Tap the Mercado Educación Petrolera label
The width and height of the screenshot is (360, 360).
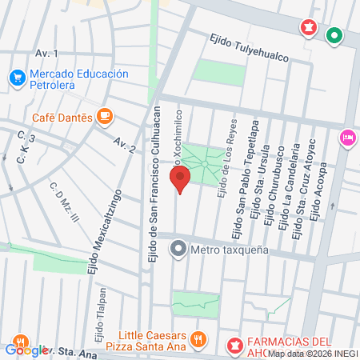point(78,79)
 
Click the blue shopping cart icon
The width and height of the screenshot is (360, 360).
point(16,78)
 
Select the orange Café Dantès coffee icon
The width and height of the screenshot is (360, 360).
point(104,116)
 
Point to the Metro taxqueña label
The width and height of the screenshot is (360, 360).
point(229,250)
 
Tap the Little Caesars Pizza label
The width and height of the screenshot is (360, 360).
point(152,340)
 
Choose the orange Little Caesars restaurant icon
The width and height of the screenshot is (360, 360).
point(199,340)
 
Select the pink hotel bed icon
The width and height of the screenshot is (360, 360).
point(347,138)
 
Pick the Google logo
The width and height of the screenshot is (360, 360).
point(26,349)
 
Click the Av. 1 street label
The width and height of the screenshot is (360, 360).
point(47,53)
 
